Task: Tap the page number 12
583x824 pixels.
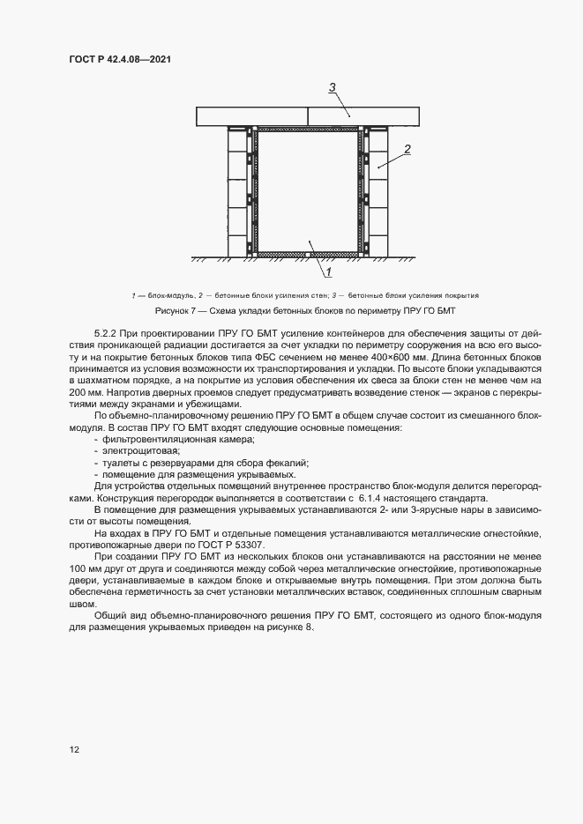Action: [x=75, y=750]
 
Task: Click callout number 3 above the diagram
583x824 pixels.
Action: [x=333, y=87]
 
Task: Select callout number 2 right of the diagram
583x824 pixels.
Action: [x=407, y=150]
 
